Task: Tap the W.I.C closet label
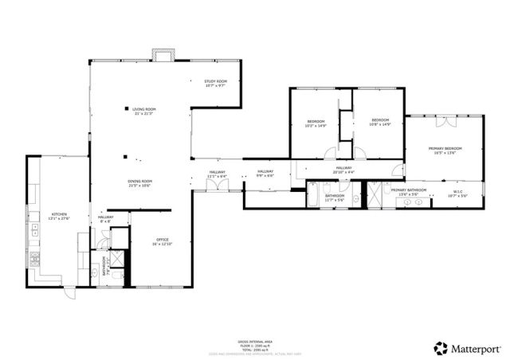[x=458, y=191]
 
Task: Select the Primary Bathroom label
[x=408, y=190]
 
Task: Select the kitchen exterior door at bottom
[x=69, y=292]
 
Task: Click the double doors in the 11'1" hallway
[x=217, y=186]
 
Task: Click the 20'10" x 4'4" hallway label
[x=343, y=169]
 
